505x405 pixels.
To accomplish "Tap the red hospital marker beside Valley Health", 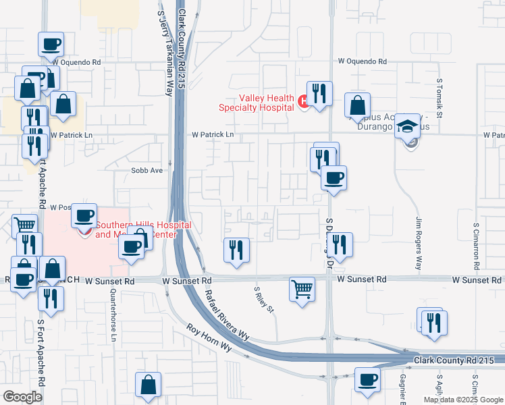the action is point(303,102).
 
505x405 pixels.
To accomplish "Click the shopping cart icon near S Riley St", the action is point(302,289).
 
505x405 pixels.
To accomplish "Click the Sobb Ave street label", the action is point(147,171).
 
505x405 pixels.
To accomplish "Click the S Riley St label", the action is point(264,300).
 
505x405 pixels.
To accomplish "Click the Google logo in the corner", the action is point(22,397).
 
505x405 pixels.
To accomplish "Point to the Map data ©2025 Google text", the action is point(462,400).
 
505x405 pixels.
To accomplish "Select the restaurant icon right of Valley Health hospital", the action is point(319,94).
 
